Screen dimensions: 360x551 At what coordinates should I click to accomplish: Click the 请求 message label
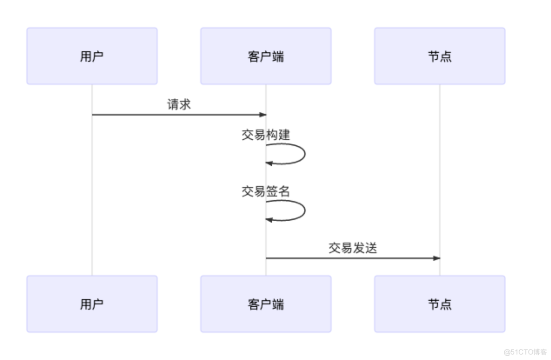coord(179,104)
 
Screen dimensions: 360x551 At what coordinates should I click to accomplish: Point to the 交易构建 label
coord(266,135)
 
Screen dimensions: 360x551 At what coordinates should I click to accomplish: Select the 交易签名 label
coord(266,191)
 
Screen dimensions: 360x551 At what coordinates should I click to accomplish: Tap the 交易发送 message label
coord(353,248)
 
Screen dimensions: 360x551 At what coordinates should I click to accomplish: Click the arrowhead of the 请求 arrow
coord(262,115)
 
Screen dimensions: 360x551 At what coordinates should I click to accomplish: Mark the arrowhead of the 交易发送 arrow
coord(436,258)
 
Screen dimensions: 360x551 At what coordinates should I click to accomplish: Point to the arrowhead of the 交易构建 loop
coord(269,163)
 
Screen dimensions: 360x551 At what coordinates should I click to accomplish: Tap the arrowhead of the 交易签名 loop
coord(269,220)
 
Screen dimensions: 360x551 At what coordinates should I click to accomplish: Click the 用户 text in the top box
coord(92,56)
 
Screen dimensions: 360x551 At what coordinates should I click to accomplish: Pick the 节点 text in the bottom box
coord(439,304)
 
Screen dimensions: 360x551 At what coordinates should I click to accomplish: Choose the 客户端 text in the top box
coord(266,56)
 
